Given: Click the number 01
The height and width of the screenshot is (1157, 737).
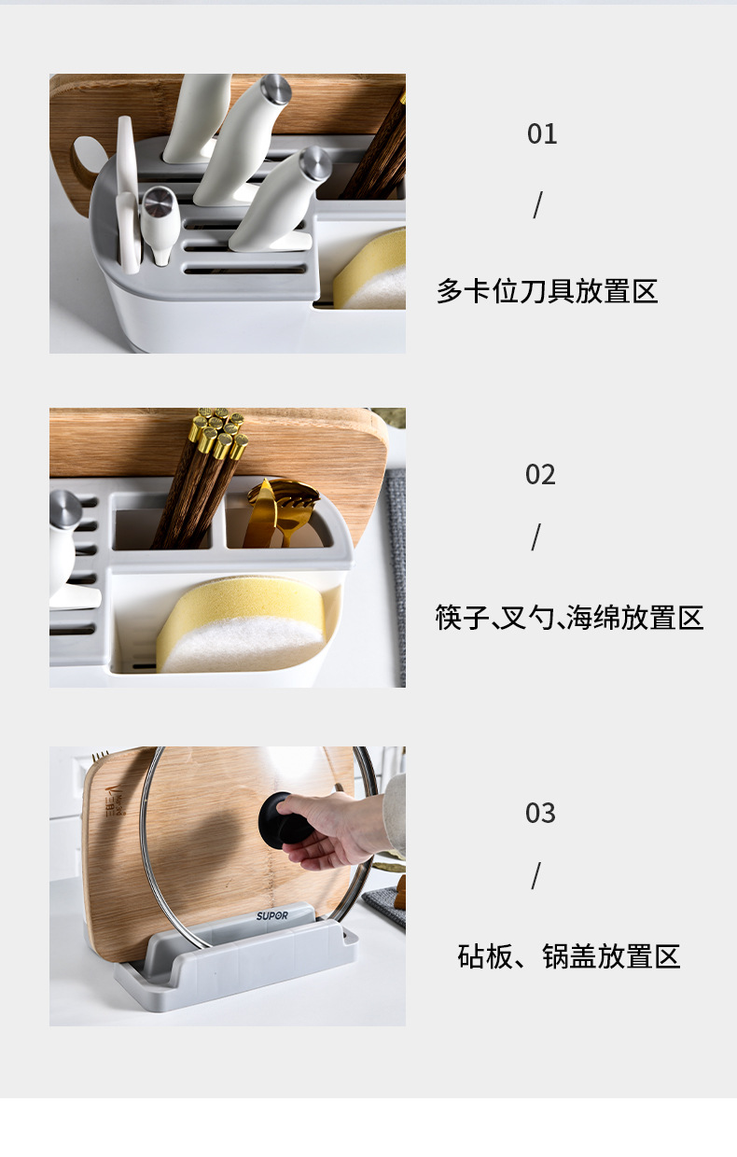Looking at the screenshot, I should point(542,134).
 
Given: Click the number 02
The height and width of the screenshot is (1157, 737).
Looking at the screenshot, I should point(540,475).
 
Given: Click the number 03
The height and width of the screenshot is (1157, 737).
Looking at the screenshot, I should point(540,814).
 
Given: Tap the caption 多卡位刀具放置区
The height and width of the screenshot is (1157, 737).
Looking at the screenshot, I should point(548,291).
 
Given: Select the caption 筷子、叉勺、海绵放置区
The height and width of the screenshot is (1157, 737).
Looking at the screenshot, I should point(569,618).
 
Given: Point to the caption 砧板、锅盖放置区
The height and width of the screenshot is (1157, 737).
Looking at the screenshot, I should point(569,956).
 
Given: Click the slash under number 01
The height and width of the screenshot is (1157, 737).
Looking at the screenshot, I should point(537,205).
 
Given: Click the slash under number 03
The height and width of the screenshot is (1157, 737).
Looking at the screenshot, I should point(536,876).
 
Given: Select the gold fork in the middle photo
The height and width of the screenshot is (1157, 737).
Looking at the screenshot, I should point(285,509).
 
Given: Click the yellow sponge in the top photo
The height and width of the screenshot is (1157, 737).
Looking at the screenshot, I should point(373,271).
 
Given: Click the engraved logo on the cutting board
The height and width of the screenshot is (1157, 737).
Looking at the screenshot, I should point(115,801).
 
